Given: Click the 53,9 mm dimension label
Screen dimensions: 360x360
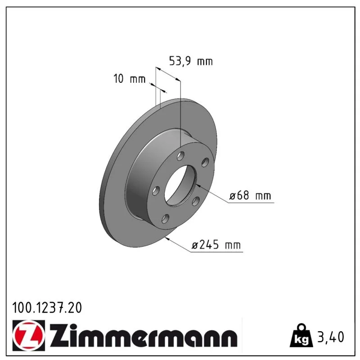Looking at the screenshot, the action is [191, 61].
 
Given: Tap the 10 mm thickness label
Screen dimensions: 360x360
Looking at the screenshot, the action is [130, 79].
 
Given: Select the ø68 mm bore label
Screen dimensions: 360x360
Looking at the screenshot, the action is [250, 195].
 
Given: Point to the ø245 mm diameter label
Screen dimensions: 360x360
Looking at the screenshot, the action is [216, 245].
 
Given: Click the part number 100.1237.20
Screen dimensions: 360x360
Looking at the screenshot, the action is [47, 308].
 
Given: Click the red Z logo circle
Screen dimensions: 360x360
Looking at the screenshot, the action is [28, 335].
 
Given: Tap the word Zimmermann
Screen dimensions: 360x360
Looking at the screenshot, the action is [143, 335].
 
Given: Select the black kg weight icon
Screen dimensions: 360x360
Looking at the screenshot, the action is [301, 336].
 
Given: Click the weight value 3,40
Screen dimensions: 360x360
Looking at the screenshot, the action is [331, 337].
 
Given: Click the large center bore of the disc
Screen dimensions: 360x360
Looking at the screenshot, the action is [181, 185].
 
